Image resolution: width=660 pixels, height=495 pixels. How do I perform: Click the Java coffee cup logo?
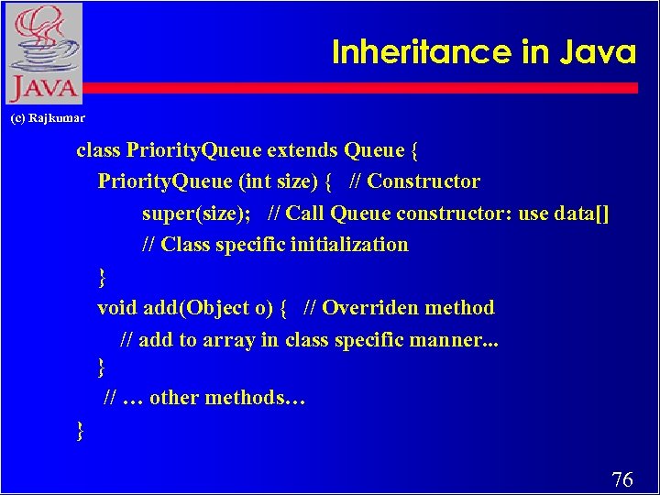(43, 52)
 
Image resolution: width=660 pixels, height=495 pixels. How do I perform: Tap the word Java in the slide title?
(599, 52)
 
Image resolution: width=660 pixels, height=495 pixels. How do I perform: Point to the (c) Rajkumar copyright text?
(47, 118)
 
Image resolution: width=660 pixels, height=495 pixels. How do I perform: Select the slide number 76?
(621, 478)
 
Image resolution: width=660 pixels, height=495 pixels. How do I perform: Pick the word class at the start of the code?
(98, 149)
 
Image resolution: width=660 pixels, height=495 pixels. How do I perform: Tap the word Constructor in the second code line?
(423, 181)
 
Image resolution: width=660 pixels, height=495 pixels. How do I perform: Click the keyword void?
(117, 308)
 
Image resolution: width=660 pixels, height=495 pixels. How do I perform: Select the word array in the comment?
(229, 340)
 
